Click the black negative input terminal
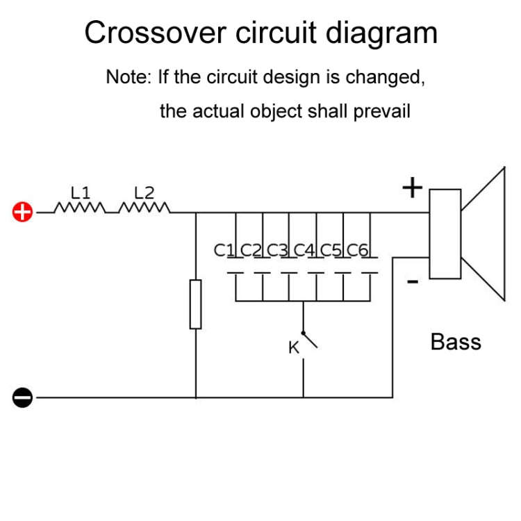pyautogui.click(x=23, y=398)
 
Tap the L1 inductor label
pyautogui.click(x=81, y=192)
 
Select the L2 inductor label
pyautogui.click(x=144, y=192)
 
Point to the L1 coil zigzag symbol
pyautogui.click(x=80, y=208)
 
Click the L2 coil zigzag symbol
pyautogui.click(x=144, y=208)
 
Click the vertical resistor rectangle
pyautogui.click(x=196, y=304)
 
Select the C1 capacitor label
pyautogui.click(x=224, y=249)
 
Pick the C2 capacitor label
pyautogui.click(x=250, y=249)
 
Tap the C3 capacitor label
pyautogui.click(x=277, y=249)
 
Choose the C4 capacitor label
pyautogui.click(x=304, y=249)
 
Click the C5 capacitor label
pyautogui.click(x=331, y=249)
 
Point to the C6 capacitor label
pyautogui.click(x=357, y=249)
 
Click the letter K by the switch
pyautogui.click(x=294, y=347)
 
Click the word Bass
pyautogui.click(x=456, y=342)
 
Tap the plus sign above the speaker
pyautogui.click(x=413, y=188)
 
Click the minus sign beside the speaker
pyautogui.click(x=412, y=281)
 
